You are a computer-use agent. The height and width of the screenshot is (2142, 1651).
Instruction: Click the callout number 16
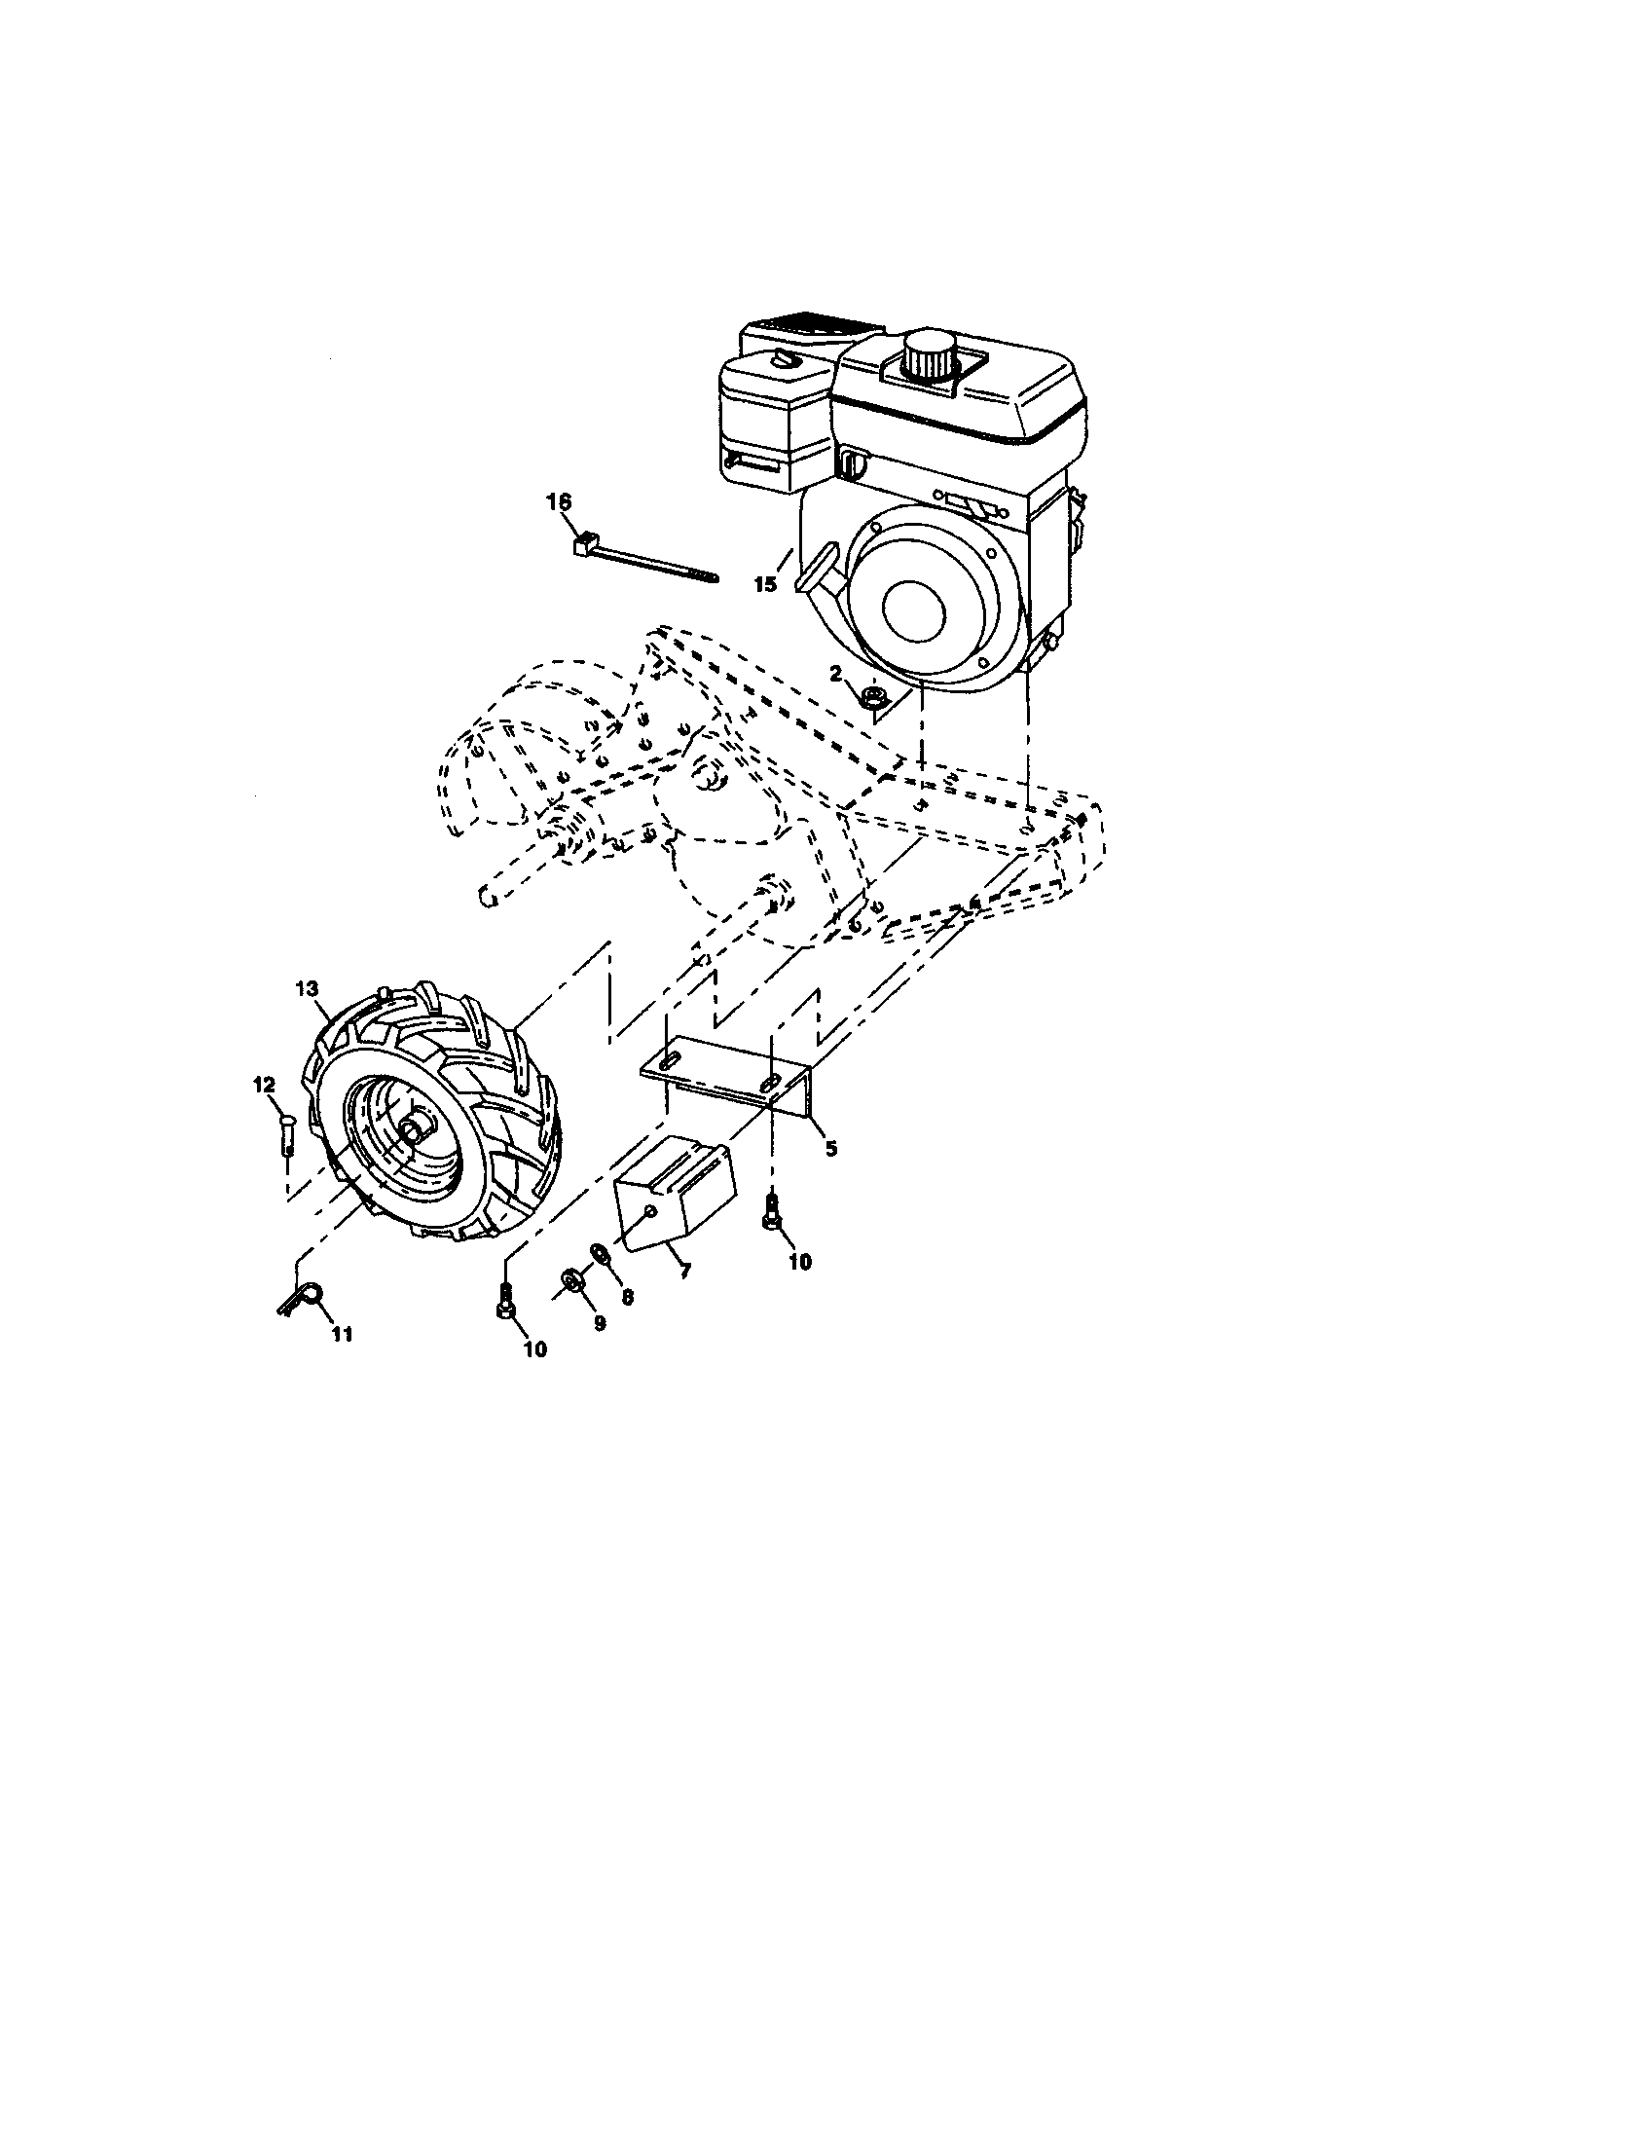pyautogui.click(x=558, y=502)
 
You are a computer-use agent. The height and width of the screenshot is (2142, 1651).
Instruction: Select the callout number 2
pyautogui.click(x=835, y=673)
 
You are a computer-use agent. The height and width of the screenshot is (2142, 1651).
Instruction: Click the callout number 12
pyautogui.click(x=265, y=1084)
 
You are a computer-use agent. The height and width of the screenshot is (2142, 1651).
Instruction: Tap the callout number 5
pyautogui.click(x=831, y=1149)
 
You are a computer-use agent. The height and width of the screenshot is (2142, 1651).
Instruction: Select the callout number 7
pyautogui.click(x=683, y=1270)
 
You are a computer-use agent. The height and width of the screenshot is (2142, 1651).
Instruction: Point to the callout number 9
pyautogui.click(x=599, y=1322)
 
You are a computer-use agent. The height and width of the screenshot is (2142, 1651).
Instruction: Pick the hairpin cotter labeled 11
pyautogui.click(x=303, y=1301)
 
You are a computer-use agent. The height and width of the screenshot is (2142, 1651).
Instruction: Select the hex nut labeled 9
pyautogui.click(x=569, y=1279)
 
